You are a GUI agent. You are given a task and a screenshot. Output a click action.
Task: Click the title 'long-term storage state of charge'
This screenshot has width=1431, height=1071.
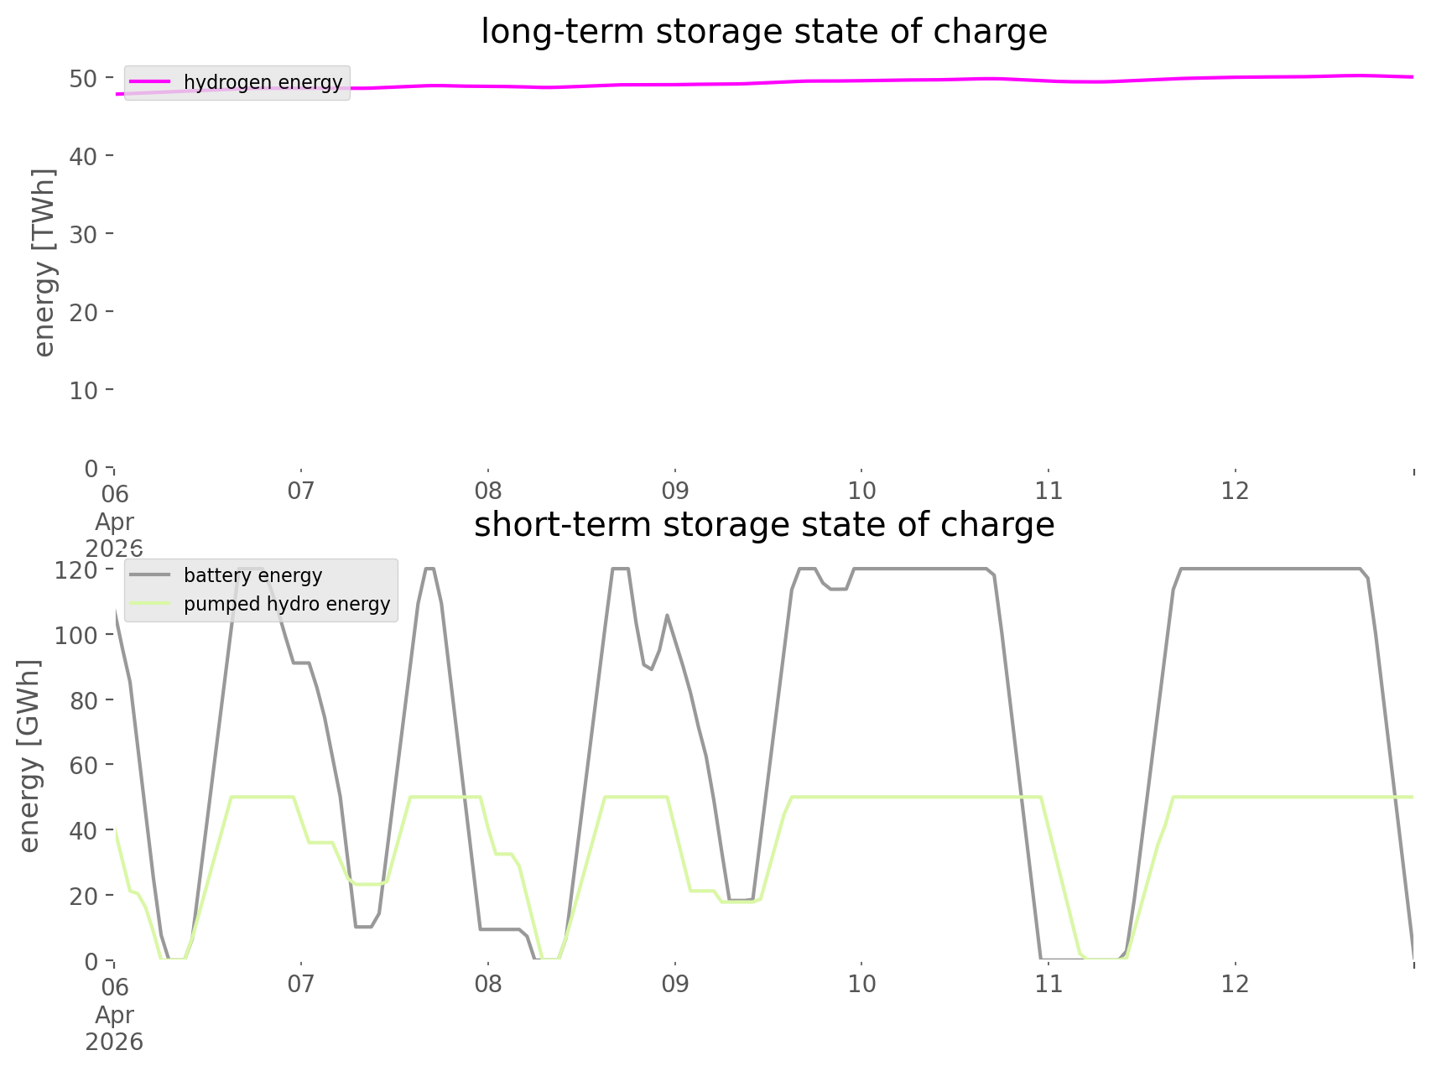(x=763, y=32)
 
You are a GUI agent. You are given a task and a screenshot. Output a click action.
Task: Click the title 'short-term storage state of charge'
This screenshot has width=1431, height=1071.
(x=763, y=525)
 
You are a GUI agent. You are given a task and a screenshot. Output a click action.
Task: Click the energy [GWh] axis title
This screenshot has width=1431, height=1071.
(x=29, y=756)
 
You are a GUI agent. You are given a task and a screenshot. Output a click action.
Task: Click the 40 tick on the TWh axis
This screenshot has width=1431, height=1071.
(x=83, y=156)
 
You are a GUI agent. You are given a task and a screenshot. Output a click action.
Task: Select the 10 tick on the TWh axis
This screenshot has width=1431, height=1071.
(x=83, y=390)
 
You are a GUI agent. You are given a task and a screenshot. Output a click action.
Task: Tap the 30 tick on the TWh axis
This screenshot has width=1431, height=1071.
(x=83, y=234)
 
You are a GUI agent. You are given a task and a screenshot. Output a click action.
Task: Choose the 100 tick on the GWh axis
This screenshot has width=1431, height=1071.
(x=76, y=635)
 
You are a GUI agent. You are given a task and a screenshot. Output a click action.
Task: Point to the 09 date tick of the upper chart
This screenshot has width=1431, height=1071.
(x=674, y=491)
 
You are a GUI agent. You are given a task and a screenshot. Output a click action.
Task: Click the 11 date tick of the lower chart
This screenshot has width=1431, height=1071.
(x=1049, y=984)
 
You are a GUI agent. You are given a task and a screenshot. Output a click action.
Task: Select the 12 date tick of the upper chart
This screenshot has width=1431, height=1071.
(x=1236, y=491)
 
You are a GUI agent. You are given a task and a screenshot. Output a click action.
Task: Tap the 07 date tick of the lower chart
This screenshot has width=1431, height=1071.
(x=300, y=984)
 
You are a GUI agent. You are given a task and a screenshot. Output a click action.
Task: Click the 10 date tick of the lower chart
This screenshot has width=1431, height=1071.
(x=861, y=984)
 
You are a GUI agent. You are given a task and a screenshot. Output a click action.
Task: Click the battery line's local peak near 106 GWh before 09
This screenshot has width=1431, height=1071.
(x=667, y=615)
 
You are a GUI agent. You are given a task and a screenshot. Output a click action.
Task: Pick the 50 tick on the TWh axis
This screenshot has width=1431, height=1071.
(x=83, y=79)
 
